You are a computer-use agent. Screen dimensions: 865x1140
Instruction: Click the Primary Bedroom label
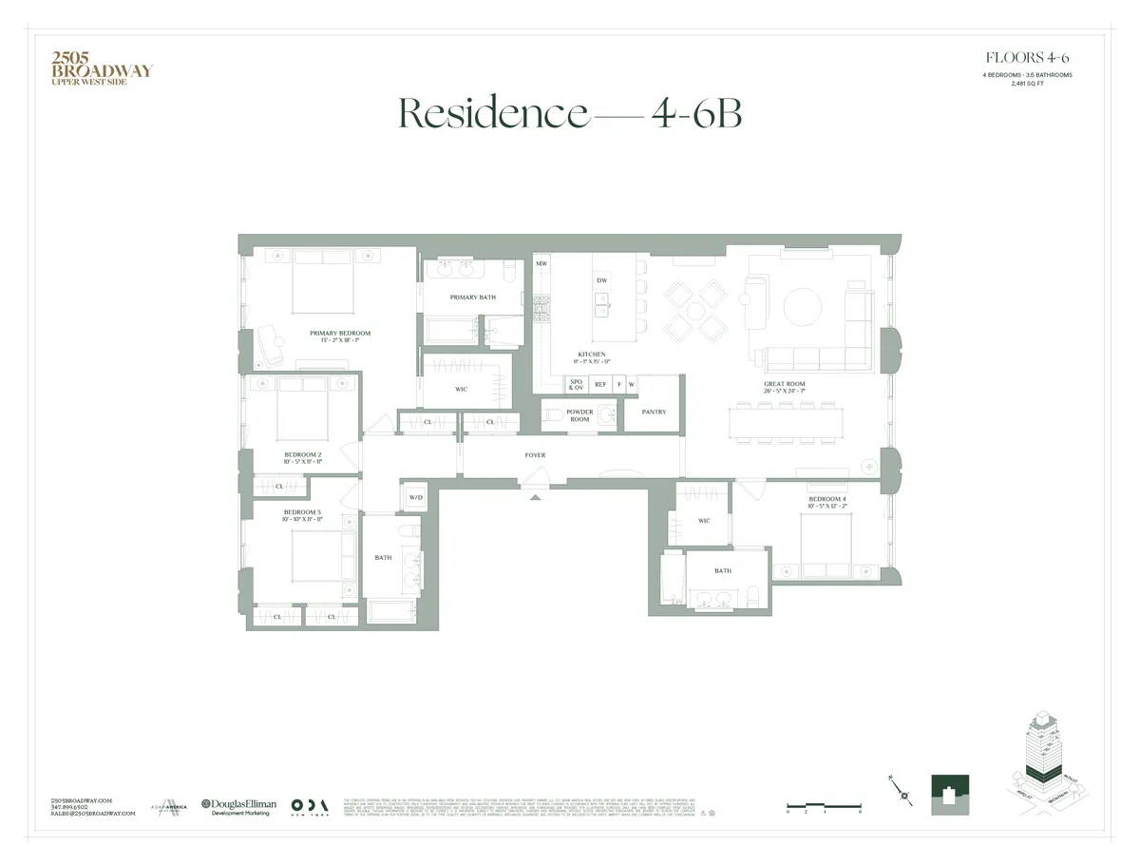tap(339, 334)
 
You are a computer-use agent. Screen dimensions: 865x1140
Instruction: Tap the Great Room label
tap(784, 385)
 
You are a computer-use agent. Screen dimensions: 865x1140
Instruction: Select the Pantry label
tap(654, 412)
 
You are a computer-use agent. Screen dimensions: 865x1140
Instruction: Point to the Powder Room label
tap(579, 415)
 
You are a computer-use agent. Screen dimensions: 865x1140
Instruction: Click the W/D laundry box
tap(415, 497)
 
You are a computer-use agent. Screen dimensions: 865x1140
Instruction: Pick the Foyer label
tap(535, 455)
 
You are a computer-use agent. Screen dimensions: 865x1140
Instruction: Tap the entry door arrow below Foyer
tap(535, 496)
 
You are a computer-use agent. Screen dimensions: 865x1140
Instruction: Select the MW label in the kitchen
tap(541, 263)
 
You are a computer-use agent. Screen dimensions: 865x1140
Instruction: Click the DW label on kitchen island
tap(601, 280)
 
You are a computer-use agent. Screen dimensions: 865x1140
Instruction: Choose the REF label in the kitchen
tap(599, 385)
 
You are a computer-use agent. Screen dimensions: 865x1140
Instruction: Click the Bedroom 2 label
tap(302, 454)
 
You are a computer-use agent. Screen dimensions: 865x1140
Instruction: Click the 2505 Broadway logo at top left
tap(101, 67)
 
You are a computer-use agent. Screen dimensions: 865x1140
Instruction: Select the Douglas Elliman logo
tap(238, 807)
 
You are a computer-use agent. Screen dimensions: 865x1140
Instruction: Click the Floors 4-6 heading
tap(1028, 58)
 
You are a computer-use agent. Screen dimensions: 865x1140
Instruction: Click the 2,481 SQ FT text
tap(1028, 84)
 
